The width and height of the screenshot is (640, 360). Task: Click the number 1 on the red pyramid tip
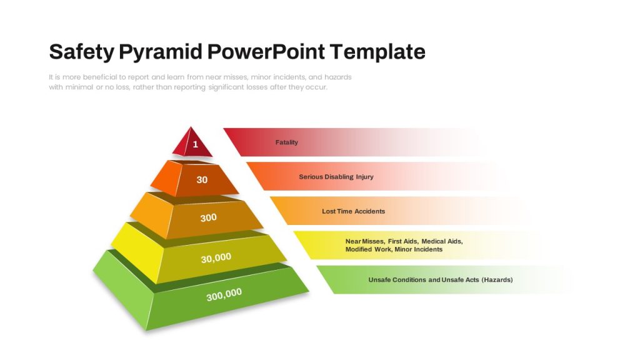[x=196, y=144]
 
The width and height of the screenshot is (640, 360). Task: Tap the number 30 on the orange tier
[x=202, y=179]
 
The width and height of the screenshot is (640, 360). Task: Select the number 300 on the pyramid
[x=208, y=217]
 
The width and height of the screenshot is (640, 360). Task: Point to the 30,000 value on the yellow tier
[x=216, y=257]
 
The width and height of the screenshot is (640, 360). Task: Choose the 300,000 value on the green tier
[x=224, y=294]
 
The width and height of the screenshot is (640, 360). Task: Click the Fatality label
[x=286, y=142]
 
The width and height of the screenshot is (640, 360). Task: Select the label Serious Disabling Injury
[x=336, y=177]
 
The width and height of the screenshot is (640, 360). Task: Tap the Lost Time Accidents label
[x=354, y=211]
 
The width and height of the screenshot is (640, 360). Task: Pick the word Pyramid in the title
[x=161, y=52]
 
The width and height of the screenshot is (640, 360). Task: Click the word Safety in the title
[x=82, y=52]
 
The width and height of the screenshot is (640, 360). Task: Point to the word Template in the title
[x=377, y=52]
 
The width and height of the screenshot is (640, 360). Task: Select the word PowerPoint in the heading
[x=266, y=51]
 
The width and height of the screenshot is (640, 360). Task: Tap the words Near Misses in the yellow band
[x=364, y=241]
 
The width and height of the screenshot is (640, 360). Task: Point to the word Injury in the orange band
[x=364, y=177]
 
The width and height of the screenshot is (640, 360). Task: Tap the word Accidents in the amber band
[x=370, y=211]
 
